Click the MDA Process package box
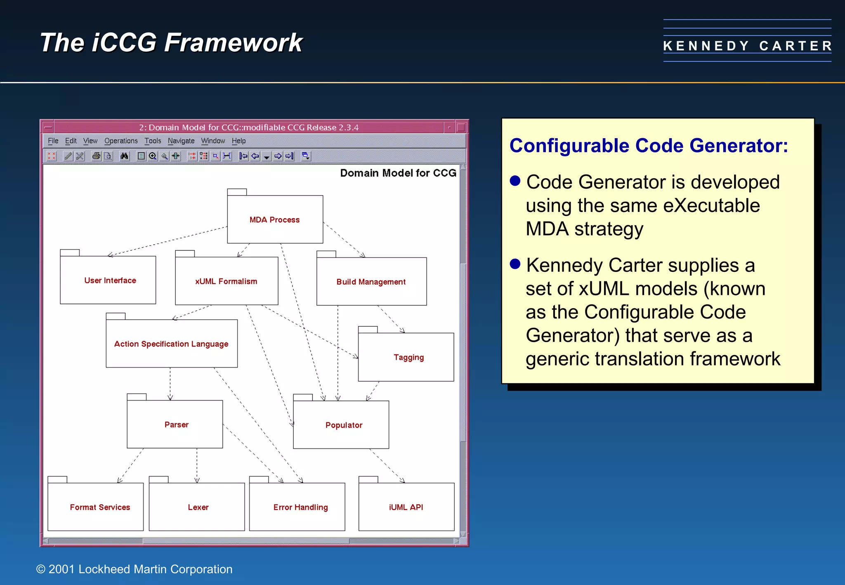(275, 219)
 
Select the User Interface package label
(110, 281)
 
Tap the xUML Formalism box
(226, 281)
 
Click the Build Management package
(371, 282)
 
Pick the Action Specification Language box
(171, 344)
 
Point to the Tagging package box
(408, 357)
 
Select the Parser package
(176, 425)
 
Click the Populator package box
(343, 425)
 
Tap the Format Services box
(99, 507)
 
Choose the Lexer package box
(198, 507)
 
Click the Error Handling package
(300, 507)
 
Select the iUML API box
(406, 507)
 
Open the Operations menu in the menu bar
(121, 141)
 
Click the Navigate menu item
(181, 141)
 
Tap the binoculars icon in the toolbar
(124, 156)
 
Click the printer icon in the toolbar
(96, 156)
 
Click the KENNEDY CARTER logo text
(747, 45)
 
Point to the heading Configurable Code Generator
(649, 146)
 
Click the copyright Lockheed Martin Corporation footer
(135, 569)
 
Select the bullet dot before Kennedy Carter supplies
(515, 264)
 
